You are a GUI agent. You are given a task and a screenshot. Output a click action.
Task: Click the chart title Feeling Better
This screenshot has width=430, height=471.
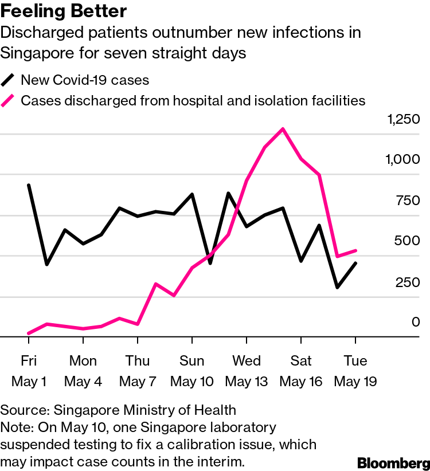click(64, 11)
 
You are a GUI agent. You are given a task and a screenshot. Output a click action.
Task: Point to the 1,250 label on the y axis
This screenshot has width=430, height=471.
click(404, 120)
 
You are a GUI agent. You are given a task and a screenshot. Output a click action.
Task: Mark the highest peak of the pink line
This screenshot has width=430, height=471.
click(283, 129)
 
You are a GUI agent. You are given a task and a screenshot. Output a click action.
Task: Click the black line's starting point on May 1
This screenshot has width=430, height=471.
click(29, 185)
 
